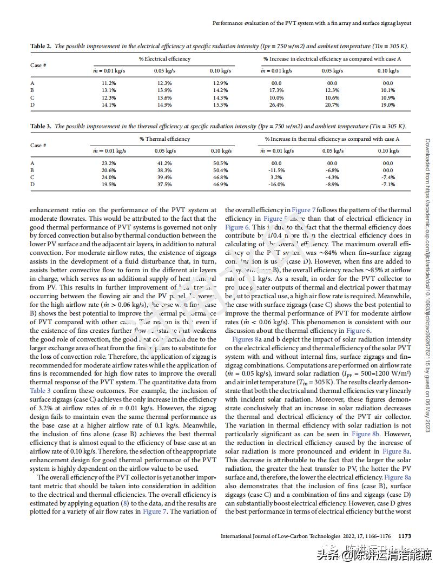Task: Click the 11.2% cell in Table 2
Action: coord(109,83)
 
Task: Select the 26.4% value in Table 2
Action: coord(276,105)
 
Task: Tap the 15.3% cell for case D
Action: coord(220,105)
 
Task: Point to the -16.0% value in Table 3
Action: coord(276,185)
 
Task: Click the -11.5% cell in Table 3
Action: coord(276,170)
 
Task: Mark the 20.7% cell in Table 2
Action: coord(332,105)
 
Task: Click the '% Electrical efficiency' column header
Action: coord(164,59)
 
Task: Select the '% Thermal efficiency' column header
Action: coord(164,139)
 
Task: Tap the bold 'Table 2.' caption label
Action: coord(41,47)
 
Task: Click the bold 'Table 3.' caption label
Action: coord(41,127)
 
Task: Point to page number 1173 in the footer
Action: coord(405,536)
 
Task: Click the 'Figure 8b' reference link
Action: coord(368,434)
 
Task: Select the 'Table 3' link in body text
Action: coord(41,391)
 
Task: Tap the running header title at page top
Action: coord(312,23)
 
